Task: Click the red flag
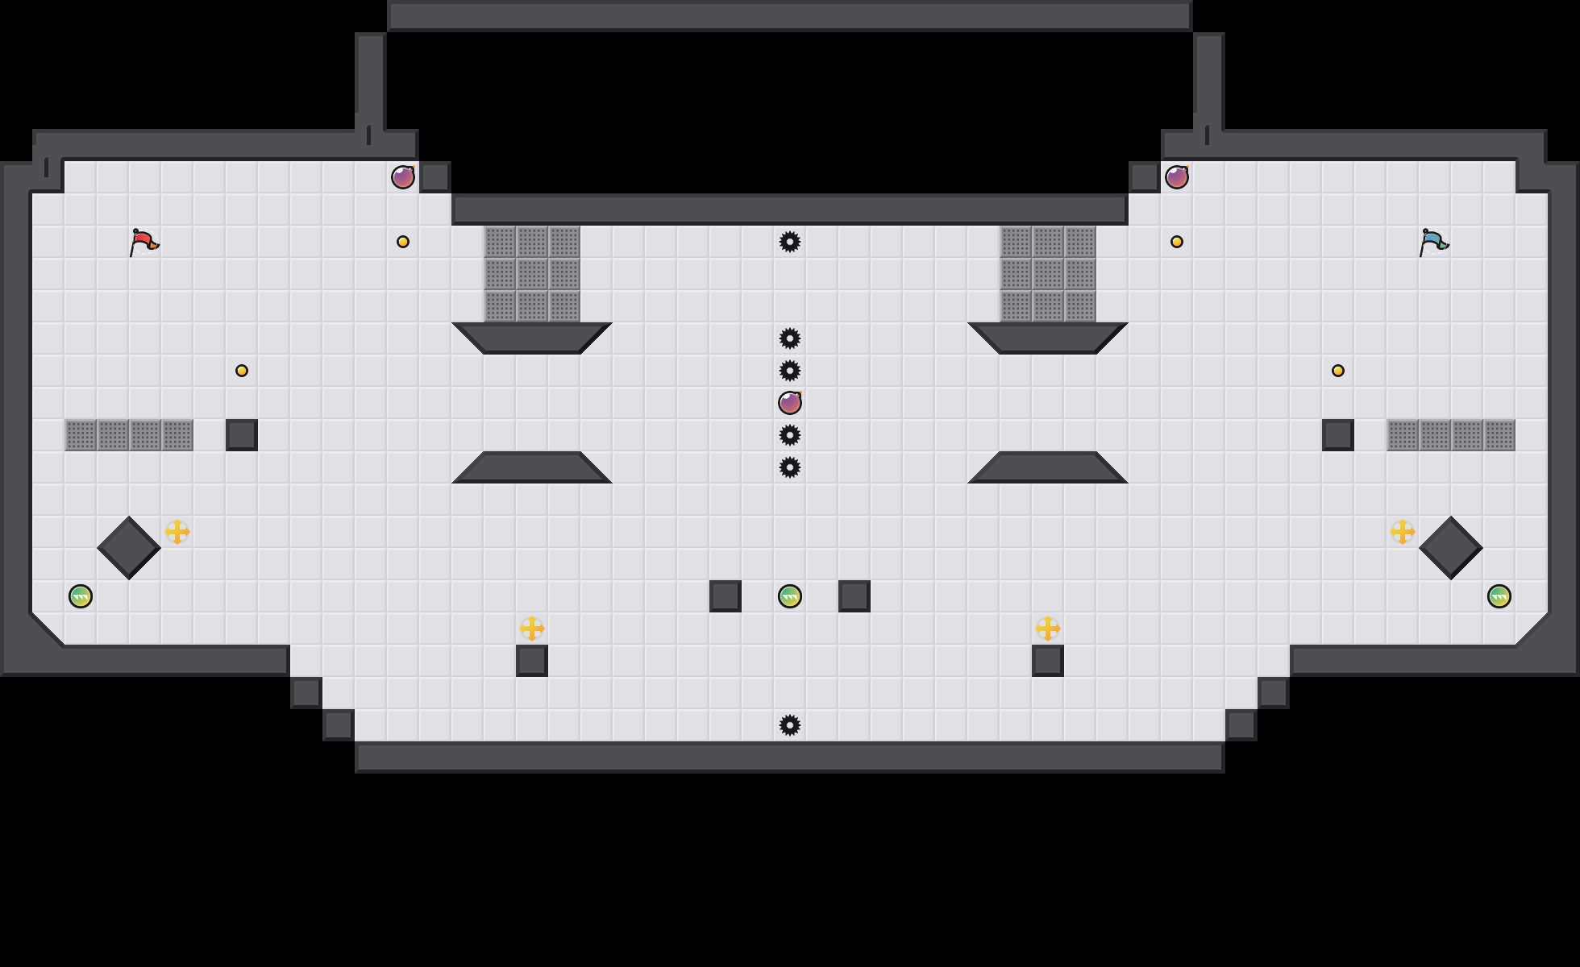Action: pyautogui.click(x=143, y=242)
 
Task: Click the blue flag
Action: pyautogui.click(x=1433, y=242)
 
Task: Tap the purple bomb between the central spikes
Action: pyautogui.click(x=790, y=403)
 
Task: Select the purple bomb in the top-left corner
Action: pyautogui.click(x=403, y=177)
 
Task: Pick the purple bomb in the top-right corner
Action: pyautogui.click(x=1177, y=177)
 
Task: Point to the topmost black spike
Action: pyautogui.click(x=790, y=242)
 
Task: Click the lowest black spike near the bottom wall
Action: pyautogui.click(x=790, y=725)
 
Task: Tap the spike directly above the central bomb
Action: pyautogui.click(x=790, y=371)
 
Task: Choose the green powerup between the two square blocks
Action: pyautogui.click(x=790, y=596)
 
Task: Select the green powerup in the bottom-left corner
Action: pyautogui.click(x=81, y=596)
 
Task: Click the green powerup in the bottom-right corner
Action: pyautogui.click(x=1499, y=596)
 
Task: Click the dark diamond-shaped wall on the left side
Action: pyautogui.click(x=129, y=548)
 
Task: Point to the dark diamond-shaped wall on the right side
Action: pyautogui.click(x=1451, y=548)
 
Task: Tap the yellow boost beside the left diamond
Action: pyautogui.click(x=177, y=532)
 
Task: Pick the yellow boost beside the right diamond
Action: pyautogui.click(x=1403, y=532)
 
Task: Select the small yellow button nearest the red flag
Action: pyautogui.click(x=242, y=371)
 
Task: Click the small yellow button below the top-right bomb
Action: pyautogui.click(x=1177, y=242)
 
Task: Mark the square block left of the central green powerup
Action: pyautogui.click(x=726, y=596)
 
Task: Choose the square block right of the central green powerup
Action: pyautogui.click(x=854, y=596)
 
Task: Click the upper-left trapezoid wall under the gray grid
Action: pyautogui.click(x=532, y=338)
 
